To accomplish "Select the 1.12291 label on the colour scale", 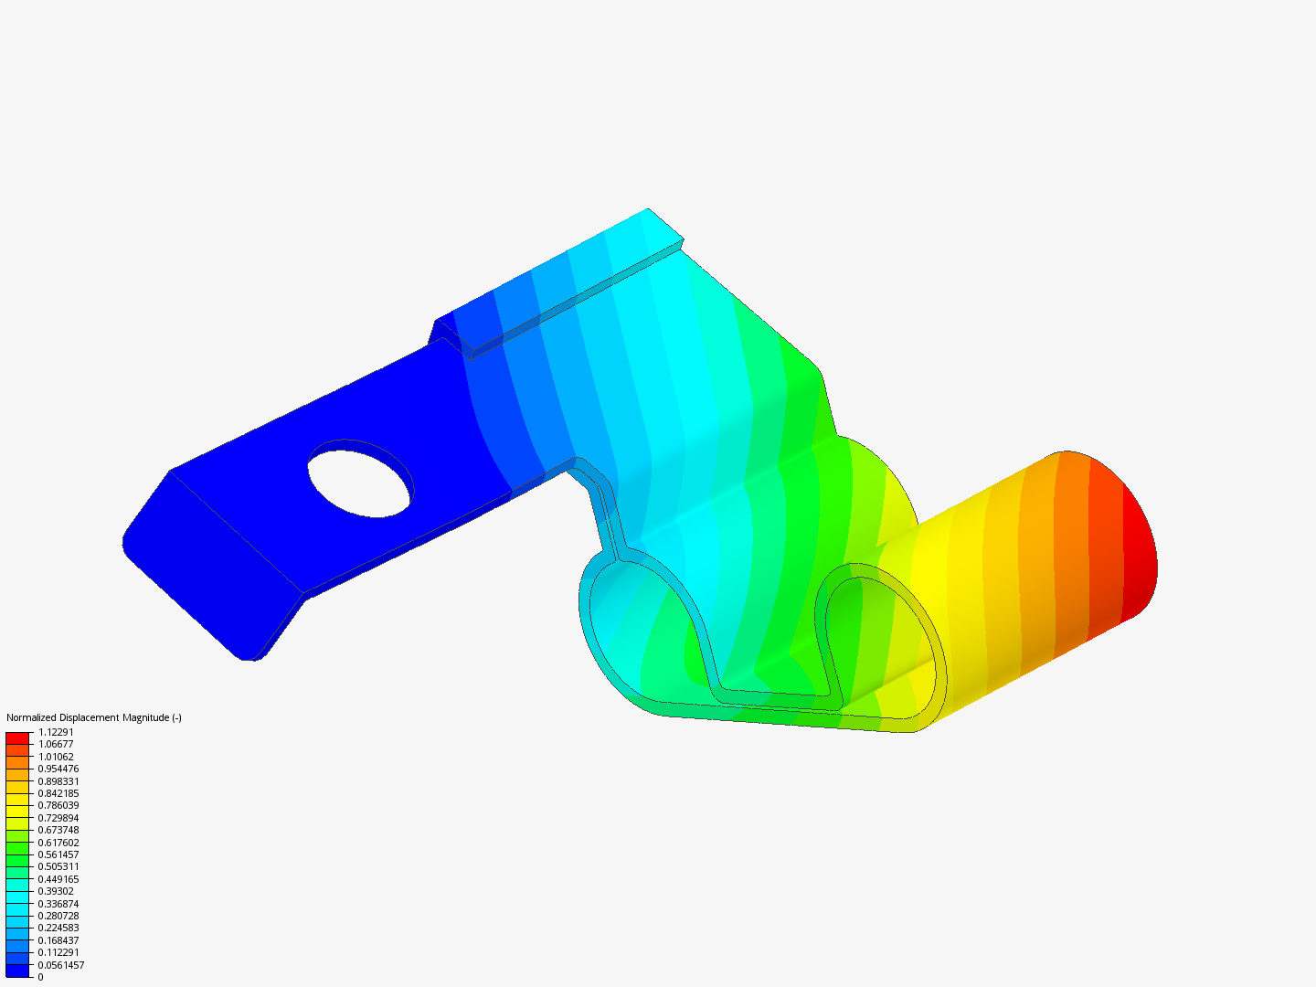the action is (x=56, y=732).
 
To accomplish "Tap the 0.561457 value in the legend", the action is (x=58, y=854).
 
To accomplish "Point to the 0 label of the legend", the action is (x=41, y=977).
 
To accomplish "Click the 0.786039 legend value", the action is (x=58, y=805).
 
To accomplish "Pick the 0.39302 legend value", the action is (x=56, y=891).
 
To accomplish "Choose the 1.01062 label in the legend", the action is (x=56, y=757).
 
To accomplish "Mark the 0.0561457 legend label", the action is (x=60, y=965).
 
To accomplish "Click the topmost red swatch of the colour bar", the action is (x=17, y=738).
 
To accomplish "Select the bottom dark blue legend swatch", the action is (x=17, y=971).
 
